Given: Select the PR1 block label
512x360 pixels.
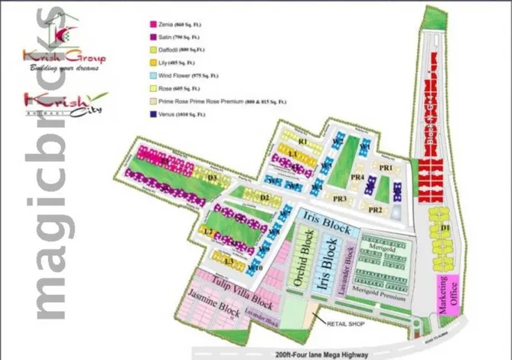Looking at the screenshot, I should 385,167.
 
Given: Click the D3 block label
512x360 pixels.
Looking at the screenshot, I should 214,178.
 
